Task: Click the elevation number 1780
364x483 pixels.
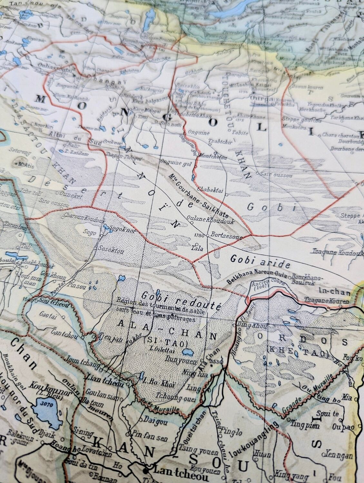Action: [200, 235]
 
